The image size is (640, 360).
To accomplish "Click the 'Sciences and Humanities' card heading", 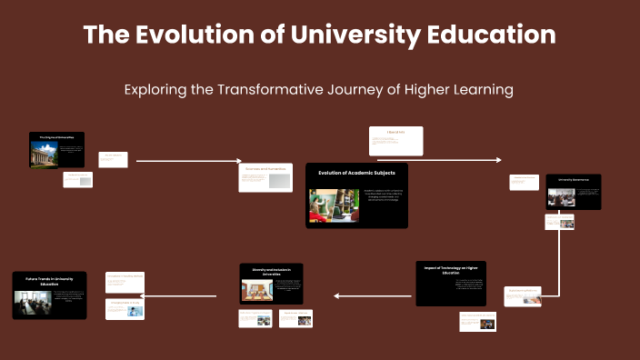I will point(265,168).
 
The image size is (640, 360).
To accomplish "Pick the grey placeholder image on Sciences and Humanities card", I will point(279,181).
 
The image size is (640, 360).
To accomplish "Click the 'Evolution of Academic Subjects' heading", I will point(356,171).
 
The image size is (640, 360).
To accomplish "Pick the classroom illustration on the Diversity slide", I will point(257,290).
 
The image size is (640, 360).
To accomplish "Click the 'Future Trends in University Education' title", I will point(49,281).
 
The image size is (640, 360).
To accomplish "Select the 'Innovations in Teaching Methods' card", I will point(125,275).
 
